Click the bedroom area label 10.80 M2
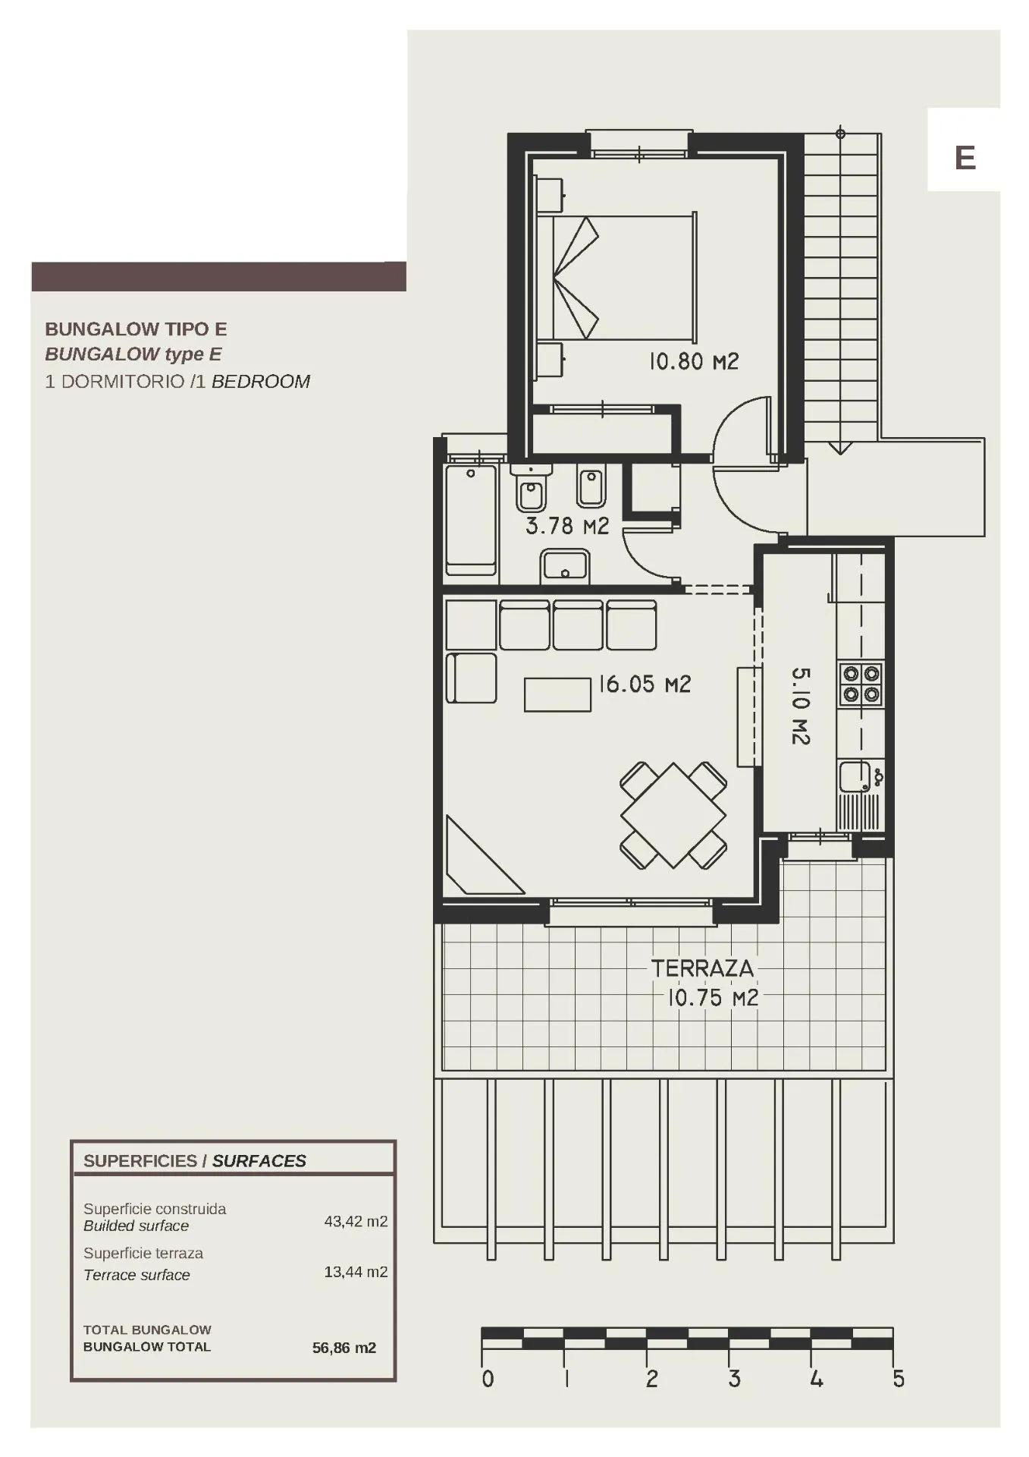pos(693,361)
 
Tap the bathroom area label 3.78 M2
pos(567,526)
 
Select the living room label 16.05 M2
pos(645,684)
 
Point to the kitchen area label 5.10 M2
pos(801,706)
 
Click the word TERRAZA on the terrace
pos(702,968)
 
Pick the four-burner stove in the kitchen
pos(861,684)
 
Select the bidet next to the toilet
pos(591,487)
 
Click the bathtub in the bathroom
pos(471,521)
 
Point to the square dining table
pos(673,816)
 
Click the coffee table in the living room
pos(557,694)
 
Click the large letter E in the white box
pos(965,158)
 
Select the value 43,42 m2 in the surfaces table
pos(356,1222)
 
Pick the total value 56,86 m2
pos(344,1348)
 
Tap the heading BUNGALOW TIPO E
pos(136,329)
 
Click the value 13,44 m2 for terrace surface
pos(356,1272)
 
